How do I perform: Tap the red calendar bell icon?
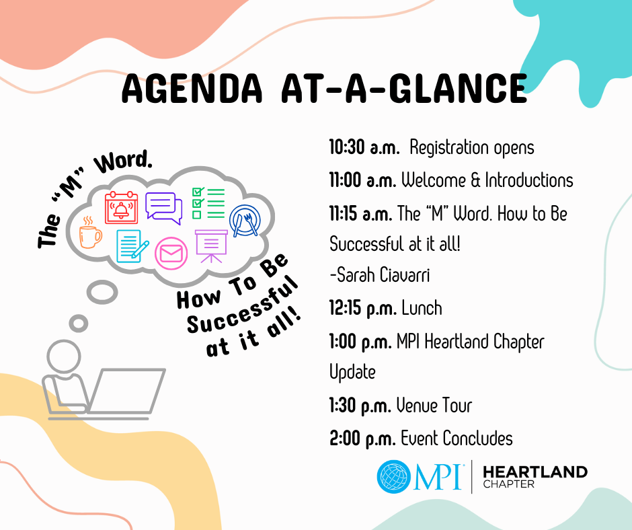click(x=121, y=207)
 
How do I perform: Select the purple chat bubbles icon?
click(x=163, y=207)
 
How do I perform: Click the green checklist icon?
click(x=208, y=203)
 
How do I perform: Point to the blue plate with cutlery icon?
click(x=245, y=220)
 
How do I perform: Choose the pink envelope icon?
click(x=171, y=254)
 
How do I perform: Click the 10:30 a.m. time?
click(x=364, y=147)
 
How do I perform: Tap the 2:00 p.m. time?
click(x=362, y=439)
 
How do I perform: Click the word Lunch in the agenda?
click(x=422, y=308)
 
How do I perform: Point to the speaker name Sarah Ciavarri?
click(x=379, y=275)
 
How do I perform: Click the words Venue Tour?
click(x=434, y=406)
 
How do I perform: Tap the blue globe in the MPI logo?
click(x=394, y=477)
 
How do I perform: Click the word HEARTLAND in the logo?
click(x=535, y=472)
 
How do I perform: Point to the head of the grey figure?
click(x=64, y=356)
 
